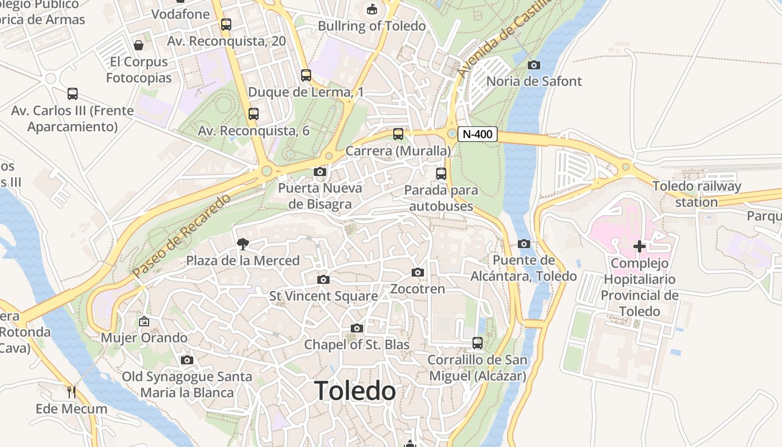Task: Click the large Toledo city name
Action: tap(355, 391)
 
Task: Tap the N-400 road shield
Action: tap(478, 134)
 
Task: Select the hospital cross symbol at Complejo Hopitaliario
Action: tap(640, 246)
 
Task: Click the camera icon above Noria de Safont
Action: tap(534, 65)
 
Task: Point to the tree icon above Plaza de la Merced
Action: tap(242, 244)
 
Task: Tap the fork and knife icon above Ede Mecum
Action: tap(71, 392)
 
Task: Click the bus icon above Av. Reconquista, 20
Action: tap(226, 25)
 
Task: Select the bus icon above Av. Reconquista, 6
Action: tap(254, 114)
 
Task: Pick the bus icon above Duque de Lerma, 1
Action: tap(306, 75)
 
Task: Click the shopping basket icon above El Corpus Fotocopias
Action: tap(139, 45)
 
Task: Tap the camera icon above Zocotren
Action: tap(417, 273)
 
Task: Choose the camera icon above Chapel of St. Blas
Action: tap(357, 328)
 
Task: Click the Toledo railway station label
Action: tap(697, 194)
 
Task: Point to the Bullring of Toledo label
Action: tap(371, 26)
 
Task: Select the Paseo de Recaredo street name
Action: tap(182, 236)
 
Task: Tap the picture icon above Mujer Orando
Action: tap(144, 321)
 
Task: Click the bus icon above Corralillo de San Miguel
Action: tap(478, 343)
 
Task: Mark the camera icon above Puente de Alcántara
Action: tap(523, 244)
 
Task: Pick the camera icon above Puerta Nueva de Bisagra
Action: tap(320, 172)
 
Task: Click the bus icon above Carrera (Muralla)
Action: tap(398, 134)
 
